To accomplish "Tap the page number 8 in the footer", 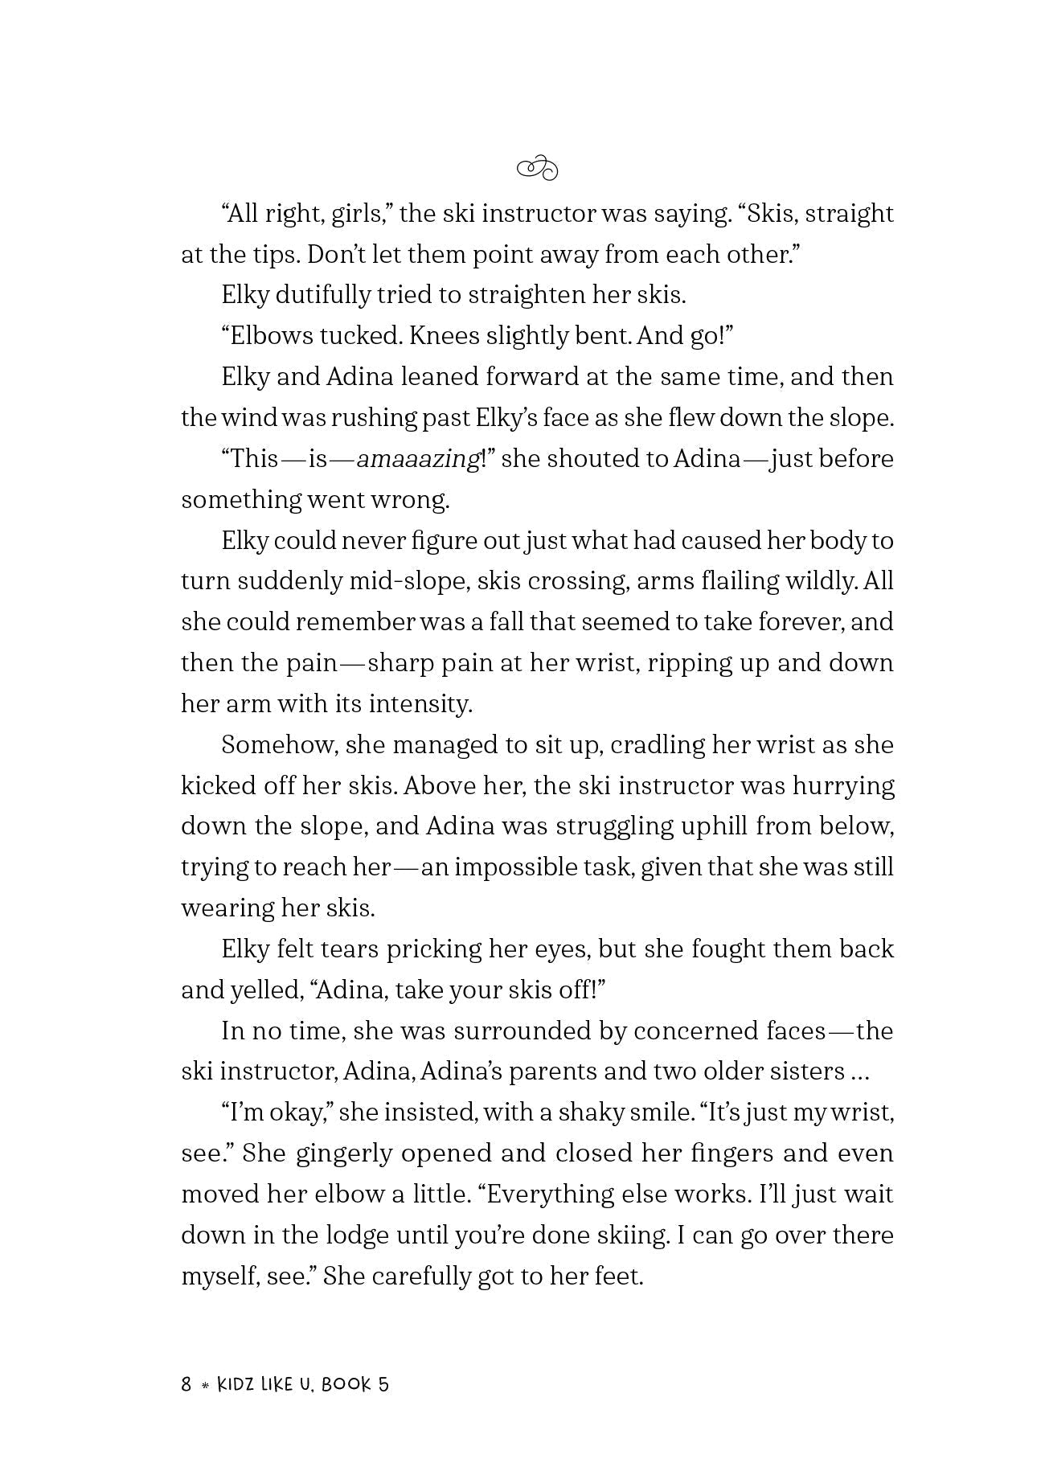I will coord(186,1384).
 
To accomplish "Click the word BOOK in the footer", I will coord(346,1384).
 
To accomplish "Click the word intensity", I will coord(420,704).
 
